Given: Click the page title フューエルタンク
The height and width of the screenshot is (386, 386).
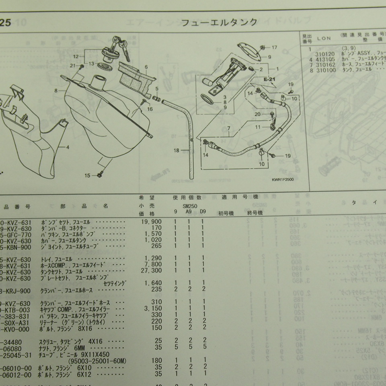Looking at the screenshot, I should pyautogui.click(x=219, y=22).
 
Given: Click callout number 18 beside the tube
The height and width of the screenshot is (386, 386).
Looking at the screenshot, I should pyautogui.click(x=177, y=150).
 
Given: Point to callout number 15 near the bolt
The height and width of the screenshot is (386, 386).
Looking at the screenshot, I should pyautogui.click(x=88, y=175).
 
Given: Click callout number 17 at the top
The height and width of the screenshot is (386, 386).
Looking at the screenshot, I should pyautogui.click(x=274, y=47).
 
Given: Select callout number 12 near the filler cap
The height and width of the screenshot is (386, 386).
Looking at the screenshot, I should pyautogui.click(x=76, y=56).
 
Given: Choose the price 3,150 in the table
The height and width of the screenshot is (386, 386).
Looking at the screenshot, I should pyautogui.click(x=154, y=309).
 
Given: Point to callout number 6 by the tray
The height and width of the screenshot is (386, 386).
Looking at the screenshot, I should pyautogui.click(x=146, y=67).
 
